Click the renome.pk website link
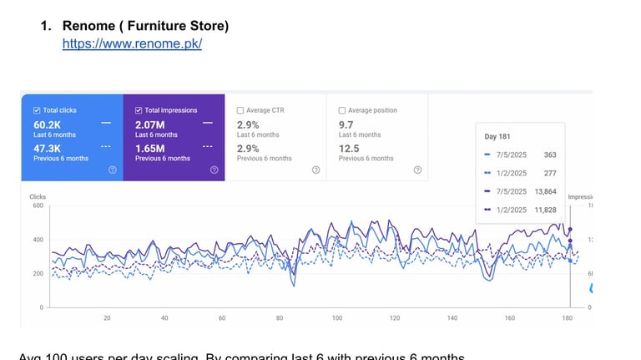pos(132,43)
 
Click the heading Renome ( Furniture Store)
pos(145,26)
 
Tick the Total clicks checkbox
pos(37,110)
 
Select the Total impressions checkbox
pos(139,110)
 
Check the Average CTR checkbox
pos(240,110)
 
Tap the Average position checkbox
pos(342,110)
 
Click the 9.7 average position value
pos(346,125)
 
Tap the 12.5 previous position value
pos(350,148)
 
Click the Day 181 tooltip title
pos(498,136)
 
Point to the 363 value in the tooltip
pos(549,155)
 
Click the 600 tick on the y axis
pos(38,206)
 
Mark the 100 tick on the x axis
pos(337,318)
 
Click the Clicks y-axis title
pos(38,197)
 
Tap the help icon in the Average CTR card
pos(315,170)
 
